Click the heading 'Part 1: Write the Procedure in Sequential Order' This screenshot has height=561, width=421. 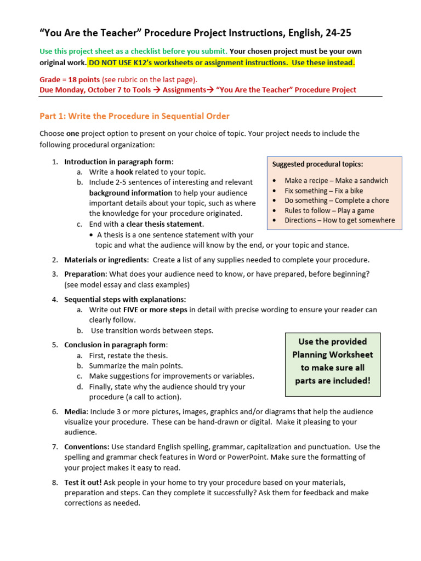134,116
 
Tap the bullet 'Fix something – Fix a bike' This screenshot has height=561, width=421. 323,191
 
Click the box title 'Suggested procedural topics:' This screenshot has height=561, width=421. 317,164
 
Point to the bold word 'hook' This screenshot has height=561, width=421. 124,172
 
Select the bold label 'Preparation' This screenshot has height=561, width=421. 84,274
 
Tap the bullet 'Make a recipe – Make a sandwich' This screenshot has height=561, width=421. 336,180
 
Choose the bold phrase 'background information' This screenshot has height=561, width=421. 130,193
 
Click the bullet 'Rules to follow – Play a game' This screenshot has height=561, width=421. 329,210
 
